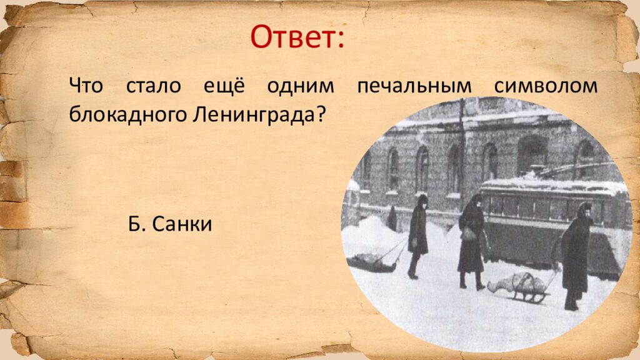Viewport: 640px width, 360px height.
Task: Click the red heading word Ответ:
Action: (297, 37)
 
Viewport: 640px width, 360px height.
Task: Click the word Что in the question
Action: (86, 86)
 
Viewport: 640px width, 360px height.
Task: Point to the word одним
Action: (302, 86)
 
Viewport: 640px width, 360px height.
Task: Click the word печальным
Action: (414, 87)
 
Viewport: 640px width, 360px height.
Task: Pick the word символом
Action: (546, 86)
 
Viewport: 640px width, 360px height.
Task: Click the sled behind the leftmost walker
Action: (372, 262)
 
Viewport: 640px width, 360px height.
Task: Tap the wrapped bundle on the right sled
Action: (509, 282)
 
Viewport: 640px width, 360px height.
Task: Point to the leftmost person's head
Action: (422, 201)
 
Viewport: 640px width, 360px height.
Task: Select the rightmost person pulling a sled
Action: (575, 253)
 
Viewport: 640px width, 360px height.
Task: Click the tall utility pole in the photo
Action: (461, 150)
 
